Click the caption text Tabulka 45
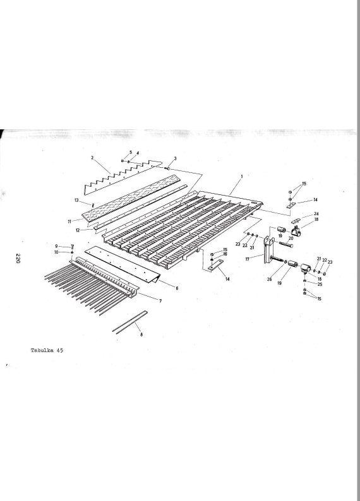point(47,350)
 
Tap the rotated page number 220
point(18,258)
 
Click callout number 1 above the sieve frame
point(242,176)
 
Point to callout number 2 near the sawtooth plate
point(92,158)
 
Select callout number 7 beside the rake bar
point(160,301)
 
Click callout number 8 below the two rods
point(141,334)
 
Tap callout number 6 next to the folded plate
point(177,288)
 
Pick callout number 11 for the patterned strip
point(69,221)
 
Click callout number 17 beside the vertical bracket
point(248,259)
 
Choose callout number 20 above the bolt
point(291,239)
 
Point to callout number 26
point(270,280)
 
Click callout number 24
point(316,213)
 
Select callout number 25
point(320,284)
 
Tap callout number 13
point(76,200)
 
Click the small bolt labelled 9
point(72,247)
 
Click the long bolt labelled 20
point(287,245)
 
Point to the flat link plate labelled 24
point(296,220)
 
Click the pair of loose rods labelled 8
point(130,322)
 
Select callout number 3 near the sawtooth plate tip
point(175,158)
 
